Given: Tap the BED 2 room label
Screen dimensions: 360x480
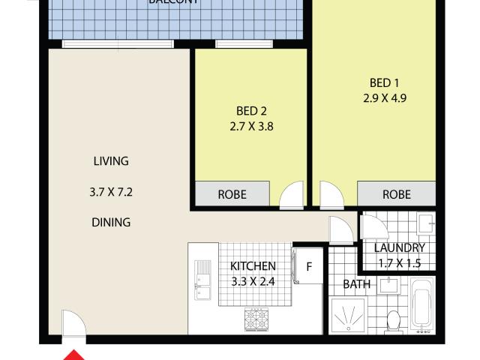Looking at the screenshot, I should coord(250,111).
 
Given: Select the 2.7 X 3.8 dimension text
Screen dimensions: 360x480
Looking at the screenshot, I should coord(250,127).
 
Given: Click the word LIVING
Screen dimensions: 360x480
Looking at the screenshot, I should coord(110,160).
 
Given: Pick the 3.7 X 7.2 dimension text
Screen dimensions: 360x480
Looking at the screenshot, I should coord(110,192).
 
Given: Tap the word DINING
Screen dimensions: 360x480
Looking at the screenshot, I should coord(110,222).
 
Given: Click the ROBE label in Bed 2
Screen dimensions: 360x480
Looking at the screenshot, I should coord(232,194).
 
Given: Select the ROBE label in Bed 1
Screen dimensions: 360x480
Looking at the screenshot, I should coord(397,194).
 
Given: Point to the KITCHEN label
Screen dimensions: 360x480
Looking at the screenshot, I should coord(253,266).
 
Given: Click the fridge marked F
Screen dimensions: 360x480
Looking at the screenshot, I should coord(307,266).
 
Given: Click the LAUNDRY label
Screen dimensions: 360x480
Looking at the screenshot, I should coord(400,247).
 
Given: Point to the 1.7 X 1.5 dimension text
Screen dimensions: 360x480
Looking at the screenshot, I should coord(400,262).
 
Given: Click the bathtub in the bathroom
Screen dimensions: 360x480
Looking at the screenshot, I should coord(422,303).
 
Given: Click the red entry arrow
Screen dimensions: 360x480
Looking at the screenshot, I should coord(75,353).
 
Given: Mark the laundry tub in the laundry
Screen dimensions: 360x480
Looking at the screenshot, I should coord(424,222).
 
